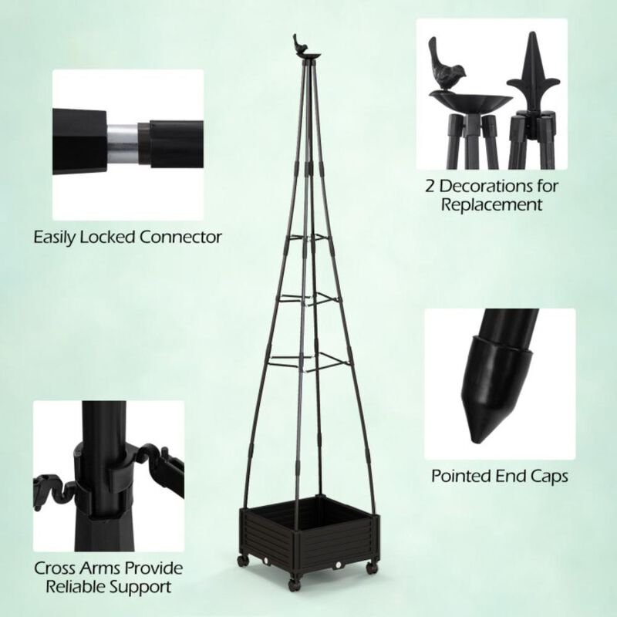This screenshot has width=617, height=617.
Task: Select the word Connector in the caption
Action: (x=184, y=236)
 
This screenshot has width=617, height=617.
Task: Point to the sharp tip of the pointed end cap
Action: (x=473, y=440)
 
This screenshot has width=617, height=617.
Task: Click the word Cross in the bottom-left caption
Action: (x=56, y=569)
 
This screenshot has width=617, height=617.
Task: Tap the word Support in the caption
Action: (x=145, y=588)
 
